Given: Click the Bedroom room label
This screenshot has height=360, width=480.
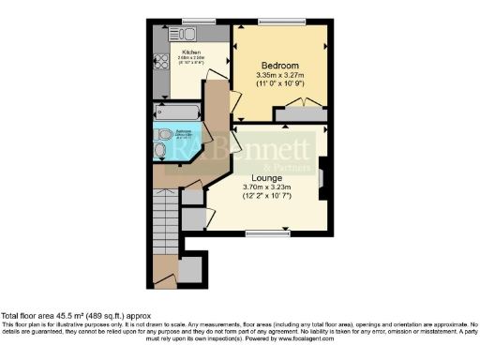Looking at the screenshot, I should [280, 65].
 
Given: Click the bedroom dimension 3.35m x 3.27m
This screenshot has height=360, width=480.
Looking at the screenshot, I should [280, 76].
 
